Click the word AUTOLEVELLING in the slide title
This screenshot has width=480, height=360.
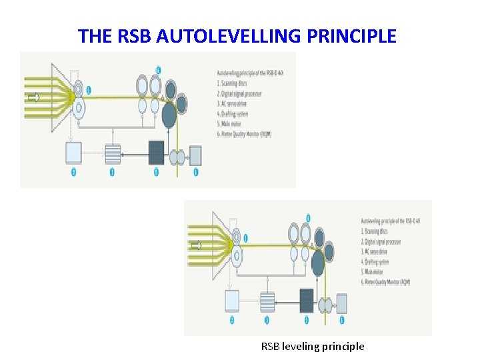(229, 36)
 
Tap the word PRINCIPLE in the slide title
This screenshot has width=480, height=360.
(351, 36)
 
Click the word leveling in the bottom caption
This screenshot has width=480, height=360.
(300, 346)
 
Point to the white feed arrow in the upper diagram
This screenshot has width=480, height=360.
(33, 97)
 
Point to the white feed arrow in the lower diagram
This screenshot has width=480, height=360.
(196, 245)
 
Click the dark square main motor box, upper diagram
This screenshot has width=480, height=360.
(156, 153)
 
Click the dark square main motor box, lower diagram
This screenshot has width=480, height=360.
(307, 300)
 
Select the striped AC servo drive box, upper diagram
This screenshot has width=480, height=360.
(112, 154)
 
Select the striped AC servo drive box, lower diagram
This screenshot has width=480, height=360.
(267, 302)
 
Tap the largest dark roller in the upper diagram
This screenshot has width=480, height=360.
(169, 117)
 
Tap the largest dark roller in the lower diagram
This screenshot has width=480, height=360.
(318, 265)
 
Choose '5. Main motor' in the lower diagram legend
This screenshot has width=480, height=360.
(377, 271)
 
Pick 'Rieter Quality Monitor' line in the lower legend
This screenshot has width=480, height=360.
(387, 282)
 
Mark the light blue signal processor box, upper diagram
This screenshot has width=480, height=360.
(73, 153)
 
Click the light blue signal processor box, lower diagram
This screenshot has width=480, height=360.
(232, 301)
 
